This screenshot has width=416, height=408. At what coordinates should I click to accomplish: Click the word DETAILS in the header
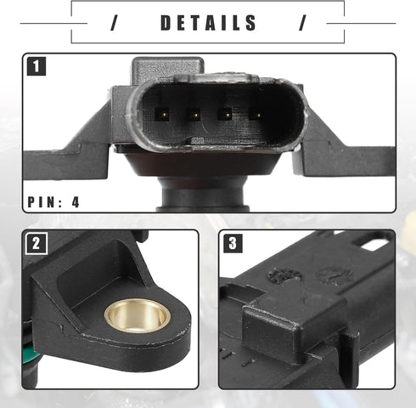208,23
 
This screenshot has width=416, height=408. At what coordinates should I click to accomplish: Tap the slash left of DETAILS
114,23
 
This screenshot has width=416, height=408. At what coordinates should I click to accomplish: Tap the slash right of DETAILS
303,23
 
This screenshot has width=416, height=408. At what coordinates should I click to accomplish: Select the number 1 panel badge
37,66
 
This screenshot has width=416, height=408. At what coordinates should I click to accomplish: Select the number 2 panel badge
36,243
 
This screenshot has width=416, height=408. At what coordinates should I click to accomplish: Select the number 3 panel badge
233,243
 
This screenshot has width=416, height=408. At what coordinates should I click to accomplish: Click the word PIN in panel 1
42,202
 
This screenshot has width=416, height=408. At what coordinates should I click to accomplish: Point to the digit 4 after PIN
76,202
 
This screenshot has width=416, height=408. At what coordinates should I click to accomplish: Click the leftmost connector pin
164,115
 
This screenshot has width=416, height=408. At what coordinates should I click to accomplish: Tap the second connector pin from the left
195,115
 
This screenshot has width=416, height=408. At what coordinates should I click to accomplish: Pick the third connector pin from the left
226,115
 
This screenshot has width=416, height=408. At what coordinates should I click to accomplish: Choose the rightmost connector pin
257,115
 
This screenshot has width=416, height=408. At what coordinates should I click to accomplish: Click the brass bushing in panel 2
138,316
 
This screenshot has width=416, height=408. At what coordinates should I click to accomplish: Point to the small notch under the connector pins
197,141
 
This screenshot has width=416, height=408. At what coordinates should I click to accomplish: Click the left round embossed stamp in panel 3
284,275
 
